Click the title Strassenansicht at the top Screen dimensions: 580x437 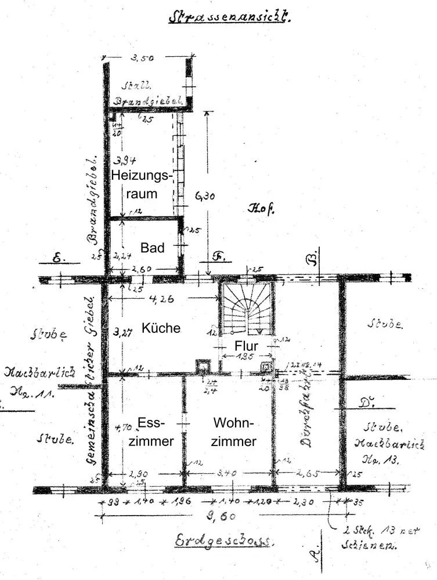[228, 16]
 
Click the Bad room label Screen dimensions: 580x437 [153, 248]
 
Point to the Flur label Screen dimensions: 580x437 [245, 346]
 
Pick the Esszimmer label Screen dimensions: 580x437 [151, 432]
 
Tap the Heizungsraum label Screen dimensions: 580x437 [142, 184]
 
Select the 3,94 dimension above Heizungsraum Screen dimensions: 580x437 [122, 161]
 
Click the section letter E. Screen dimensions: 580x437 [58, 260]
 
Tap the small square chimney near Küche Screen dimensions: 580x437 [203, 365]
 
